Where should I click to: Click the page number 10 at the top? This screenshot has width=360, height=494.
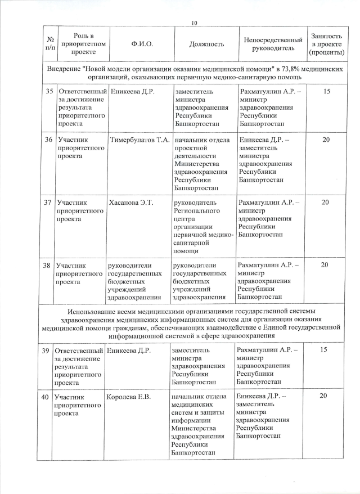[x=195, y=23]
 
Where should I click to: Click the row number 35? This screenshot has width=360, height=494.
[x=49, y=91]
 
